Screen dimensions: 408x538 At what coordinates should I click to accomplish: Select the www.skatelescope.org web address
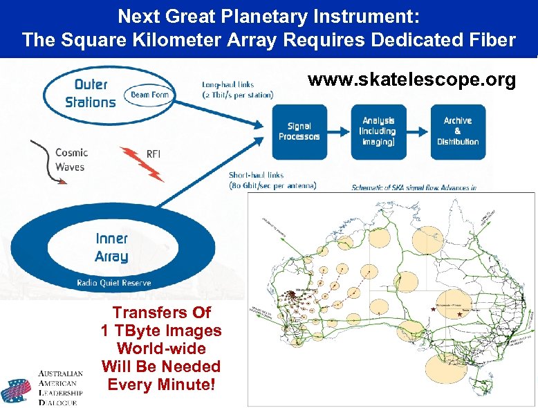point(411,80)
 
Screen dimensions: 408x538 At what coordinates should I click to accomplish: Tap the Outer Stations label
point(91,93)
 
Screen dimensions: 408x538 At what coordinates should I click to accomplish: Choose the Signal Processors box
point(299,131)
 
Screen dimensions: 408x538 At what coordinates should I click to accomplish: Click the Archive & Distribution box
point(457,131)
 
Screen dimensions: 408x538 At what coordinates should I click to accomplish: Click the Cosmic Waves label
point(71,160)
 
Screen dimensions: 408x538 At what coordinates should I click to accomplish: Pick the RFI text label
point(154,154)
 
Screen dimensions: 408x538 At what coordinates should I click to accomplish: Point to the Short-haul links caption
point(272,180)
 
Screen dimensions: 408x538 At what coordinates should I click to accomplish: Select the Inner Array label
point(112,248)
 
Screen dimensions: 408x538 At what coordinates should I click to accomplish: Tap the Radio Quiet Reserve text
point(114,283)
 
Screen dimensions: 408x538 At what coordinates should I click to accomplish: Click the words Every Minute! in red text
point(161,384)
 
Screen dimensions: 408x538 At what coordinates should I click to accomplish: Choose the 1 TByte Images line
point(161,331)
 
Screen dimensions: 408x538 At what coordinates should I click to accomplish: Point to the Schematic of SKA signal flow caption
point(414,187)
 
